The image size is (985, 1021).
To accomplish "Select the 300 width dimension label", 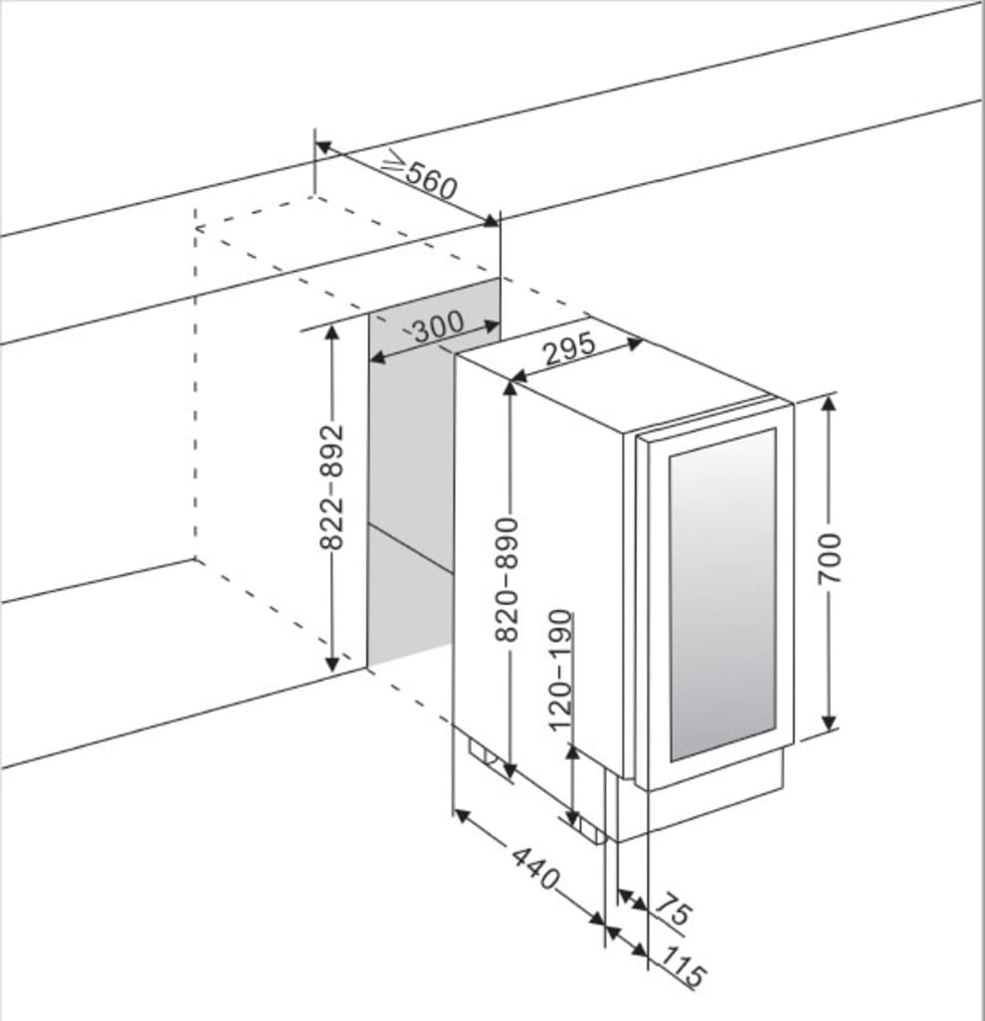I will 438,326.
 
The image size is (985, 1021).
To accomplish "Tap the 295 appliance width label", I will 570,347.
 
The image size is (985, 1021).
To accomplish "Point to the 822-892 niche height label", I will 331,487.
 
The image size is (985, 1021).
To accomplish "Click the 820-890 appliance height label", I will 507,577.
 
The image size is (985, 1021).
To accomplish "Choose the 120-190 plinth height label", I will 561,669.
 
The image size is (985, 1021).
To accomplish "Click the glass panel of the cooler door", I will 721,592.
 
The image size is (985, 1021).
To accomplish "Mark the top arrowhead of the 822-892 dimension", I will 332,332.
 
